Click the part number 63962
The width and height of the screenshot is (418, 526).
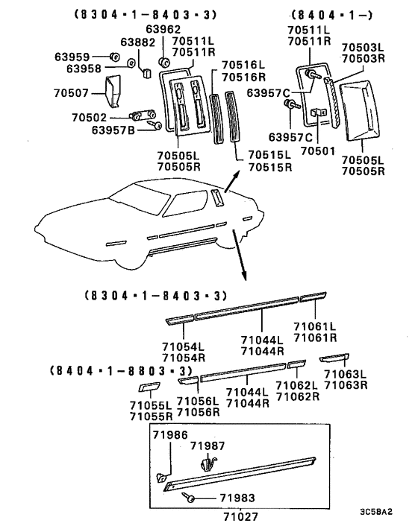(163, 29)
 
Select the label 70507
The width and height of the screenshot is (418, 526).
(71, 92)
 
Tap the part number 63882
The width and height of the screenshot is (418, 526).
(138, 42)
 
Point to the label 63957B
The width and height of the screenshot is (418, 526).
(113, 130)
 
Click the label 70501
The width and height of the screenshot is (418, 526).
(318, 151)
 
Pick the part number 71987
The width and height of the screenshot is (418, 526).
(208, 446)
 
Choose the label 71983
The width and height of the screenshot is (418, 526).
(237, 498)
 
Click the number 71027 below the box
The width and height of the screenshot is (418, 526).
(240, 516)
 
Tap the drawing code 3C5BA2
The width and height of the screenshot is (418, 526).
(376, 512)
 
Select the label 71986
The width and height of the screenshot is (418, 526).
(170, 435)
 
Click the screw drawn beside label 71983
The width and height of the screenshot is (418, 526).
(188, 497)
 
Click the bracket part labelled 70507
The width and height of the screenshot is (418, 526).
(113, 92)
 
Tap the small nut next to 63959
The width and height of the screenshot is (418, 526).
(115, 57)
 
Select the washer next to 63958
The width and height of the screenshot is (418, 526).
(131, 63)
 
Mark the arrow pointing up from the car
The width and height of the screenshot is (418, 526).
(232, 181)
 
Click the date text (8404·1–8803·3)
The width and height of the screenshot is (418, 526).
(122, 371)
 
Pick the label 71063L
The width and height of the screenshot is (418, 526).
(346, 374)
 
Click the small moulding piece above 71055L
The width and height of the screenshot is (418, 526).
(149, 387)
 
